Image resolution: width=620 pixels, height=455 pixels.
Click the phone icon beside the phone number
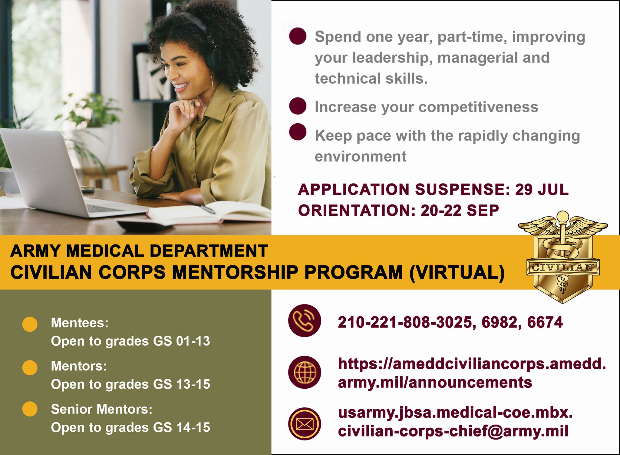[304, 320]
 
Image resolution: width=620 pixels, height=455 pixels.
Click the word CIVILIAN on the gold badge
[562, 267]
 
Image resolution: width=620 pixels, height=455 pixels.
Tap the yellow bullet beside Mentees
[30, 324]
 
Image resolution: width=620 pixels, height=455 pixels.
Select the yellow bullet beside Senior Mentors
[30, 409]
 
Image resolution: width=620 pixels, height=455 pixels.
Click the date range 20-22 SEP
[460, 211]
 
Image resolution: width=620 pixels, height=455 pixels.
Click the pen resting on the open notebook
[208, 209]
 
